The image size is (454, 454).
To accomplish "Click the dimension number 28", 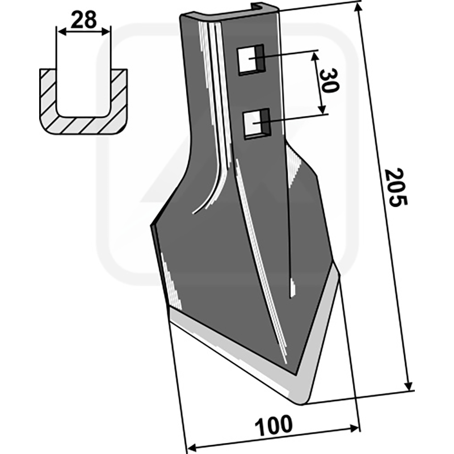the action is click(83, 20).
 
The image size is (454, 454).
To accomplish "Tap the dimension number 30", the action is click(330, 81).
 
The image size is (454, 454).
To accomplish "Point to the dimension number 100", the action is click(274, 425).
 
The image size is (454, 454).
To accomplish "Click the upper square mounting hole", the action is click(251, 60).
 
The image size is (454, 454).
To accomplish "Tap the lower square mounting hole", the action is click(257, 124).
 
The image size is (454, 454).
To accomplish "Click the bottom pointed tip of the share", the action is click(301, 403).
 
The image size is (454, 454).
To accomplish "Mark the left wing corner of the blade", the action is click(151, 225).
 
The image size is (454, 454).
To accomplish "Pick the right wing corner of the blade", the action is click(339, 274).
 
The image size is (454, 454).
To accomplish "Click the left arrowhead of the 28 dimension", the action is click(61, 31).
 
